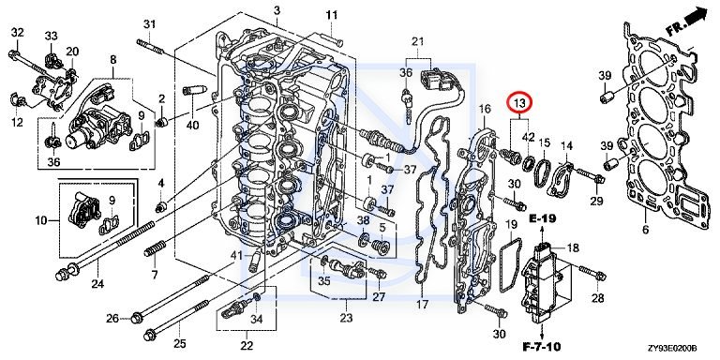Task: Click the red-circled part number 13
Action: pyautogui.click(x=519, y=105)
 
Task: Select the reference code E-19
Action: pyautogui.click(x=542, y=218)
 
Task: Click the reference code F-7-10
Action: pyautogui.click(x=542, y=346)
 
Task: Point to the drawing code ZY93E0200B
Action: pyautogui.click(x=673, y=349)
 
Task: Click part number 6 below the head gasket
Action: pyautogui.click(x=646, y=229)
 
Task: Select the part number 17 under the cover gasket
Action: pyautogui.click(x=422, y=304)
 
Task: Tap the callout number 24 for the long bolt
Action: pyautogui.click(x=97, y=284)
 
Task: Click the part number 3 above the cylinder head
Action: pyautogui.click(x=277, y=10)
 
